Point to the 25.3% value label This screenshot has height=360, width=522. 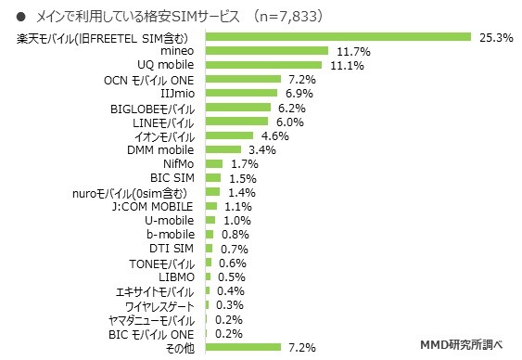[x=489, y=38]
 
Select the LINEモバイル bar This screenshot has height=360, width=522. [x=236, y=122]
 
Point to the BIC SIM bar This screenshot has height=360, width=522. [x=212, y=177]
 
